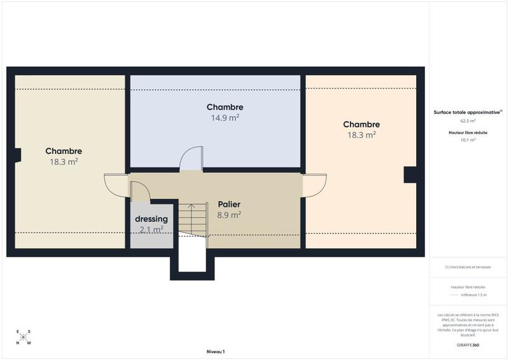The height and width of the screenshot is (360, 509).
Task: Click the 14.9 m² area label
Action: [x=225, y=118]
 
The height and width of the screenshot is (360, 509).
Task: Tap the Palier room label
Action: [x=228, y=205]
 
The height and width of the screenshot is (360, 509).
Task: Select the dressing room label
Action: [x=151, y=219]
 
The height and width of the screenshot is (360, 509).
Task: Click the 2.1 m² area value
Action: [x=151, y=229]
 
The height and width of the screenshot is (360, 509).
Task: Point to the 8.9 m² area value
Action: [x=228, y=215]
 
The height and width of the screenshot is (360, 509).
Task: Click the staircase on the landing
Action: [x=193, y=218]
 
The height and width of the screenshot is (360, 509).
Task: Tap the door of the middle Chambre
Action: [x=192, y=158]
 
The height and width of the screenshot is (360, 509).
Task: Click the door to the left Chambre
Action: [x=116, y=185]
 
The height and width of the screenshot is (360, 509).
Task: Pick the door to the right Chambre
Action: [x=315, y=185]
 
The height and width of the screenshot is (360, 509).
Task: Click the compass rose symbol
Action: [x=24, y=337]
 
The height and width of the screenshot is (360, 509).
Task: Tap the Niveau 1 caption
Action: [x=216, y=352]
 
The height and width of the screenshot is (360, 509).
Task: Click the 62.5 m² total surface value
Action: [x=468, y=120]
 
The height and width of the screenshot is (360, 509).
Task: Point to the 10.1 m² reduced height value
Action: [x=468, y=140]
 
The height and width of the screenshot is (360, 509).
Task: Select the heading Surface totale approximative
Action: [x=467, y=112]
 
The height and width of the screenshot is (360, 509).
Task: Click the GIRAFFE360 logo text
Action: [x=468, y=345]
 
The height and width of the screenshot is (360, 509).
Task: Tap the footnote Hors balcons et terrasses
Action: [x=468, y=267]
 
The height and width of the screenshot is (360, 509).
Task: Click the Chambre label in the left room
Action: [x=64, y=151]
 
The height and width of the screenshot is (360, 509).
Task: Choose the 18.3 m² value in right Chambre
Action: [x=361, y=135]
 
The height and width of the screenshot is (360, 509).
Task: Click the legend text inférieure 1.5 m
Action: [x=474, y=295]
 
